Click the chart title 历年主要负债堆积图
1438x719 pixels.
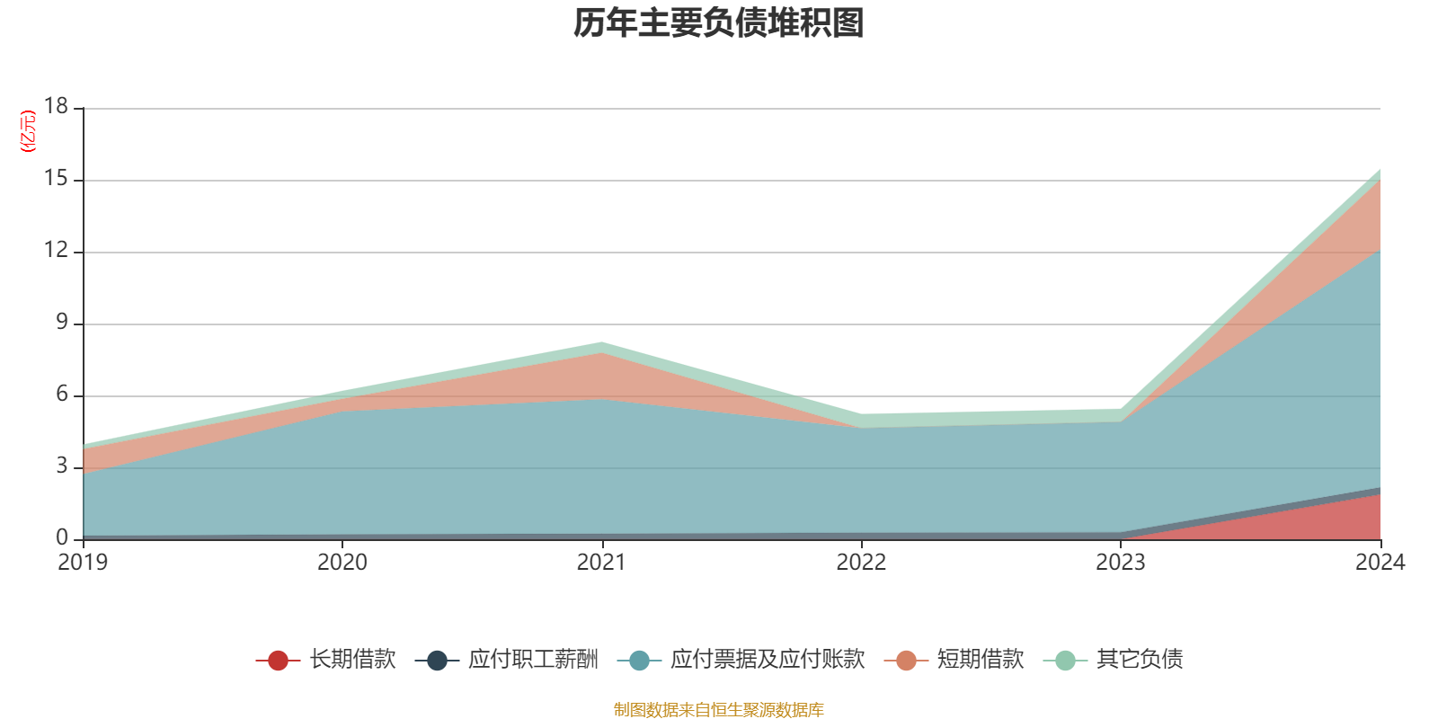click(x=719, y=23)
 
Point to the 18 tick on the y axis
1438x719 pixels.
click(x=57, y=106)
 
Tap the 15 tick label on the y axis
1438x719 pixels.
click(x=57, y=179)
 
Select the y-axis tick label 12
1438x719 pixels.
click(x=57, y=251)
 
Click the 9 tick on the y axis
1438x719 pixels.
click(x=62, y=323)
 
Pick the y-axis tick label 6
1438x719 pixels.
click(x=62, y=395)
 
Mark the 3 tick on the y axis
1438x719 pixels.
click(x=62, y=466)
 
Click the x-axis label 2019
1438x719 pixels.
click(x=83, y=563)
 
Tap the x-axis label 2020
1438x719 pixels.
click(x=342, y=563)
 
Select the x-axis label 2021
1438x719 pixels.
click(x=601, y=563)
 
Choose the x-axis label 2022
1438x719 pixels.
click(x=861, y=563)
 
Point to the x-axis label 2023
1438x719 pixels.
click(x=1120, y=563)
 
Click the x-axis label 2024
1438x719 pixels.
click(x=1380, y=563)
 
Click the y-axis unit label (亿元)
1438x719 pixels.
click(x=29, y=131)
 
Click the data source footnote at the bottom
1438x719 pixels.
click(x=719, y=710)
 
